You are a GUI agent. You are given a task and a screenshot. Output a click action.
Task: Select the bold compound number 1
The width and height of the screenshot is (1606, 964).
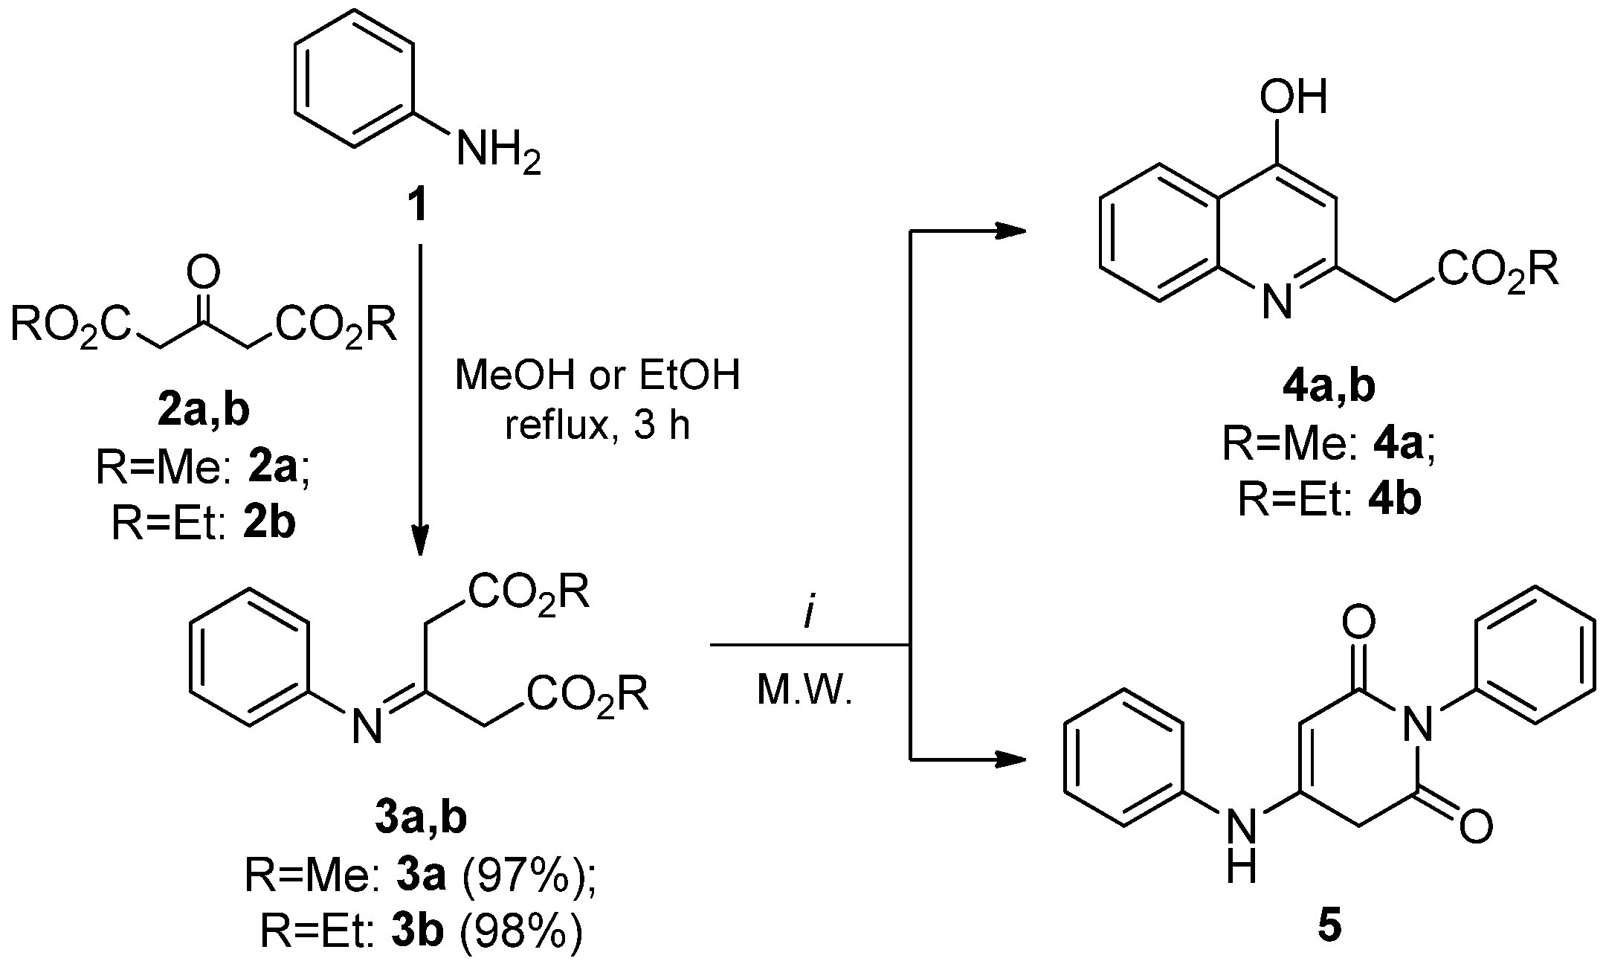point(420,206)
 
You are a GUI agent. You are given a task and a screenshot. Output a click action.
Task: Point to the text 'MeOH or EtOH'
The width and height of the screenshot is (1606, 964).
point(598,376)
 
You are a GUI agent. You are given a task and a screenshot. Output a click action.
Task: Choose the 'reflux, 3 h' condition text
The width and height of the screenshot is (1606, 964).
point(598,425)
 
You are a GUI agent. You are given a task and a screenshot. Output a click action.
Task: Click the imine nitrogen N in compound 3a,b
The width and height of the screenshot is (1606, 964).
point(367,725)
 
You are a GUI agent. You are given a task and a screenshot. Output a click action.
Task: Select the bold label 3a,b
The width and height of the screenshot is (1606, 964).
point(420,820)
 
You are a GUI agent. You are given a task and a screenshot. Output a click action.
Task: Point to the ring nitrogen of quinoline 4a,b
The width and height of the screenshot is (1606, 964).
point(1276,301)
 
